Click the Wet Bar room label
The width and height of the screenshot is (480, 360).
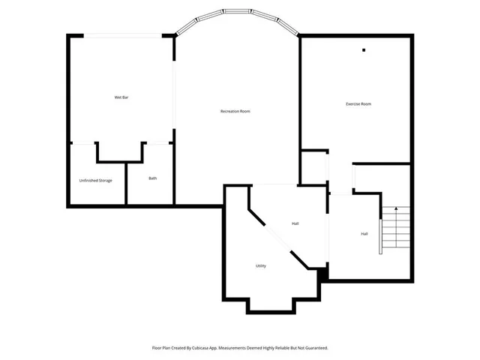point(121,97)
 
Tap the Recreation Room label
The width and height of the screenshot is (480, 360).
point(235,111)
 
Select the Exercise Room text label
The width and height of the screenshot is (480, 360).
point(358,103)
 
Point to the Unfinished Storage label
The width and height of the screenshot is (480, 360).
point(96,180)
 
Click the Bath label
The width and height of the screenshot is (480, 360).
point(152,178)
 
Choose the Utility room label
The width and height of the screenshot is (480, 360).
point(261,265)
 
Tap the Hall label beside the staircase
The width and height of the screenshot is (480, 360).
point(364,234)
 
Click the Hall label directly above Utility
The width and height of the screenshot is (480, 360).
point(295,223)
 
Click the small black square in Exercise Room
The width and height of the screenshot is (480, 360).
point(364,50)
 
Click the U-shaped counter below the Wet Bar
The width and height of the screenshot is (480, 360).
point(120,152)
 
